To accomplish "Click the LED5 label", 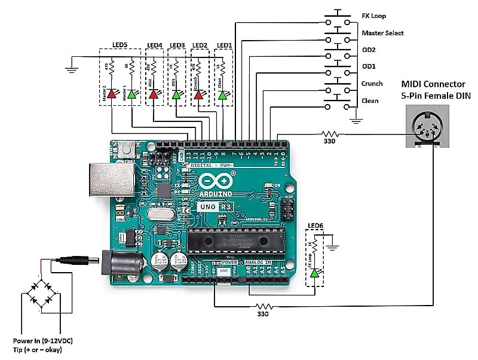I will tap(119, 45).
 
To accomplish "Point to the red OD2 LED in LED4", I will tap(154, 94).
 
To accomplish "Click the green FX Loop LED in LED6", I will tap(314, 273).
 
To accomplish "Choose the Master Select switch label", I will tap(382, 33).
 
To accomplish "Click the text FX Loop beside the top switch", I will tap(373, 16).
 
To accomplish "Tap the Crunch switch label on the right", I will tap(372, 84).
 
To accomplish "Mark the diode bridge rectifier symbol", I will tap(40, 294).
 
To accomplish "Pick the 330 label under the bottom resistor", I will tap(263, 314).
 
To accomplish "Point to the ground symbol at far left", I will tap(72, 68).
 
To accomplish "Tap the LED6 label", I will tap(315, 226).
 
